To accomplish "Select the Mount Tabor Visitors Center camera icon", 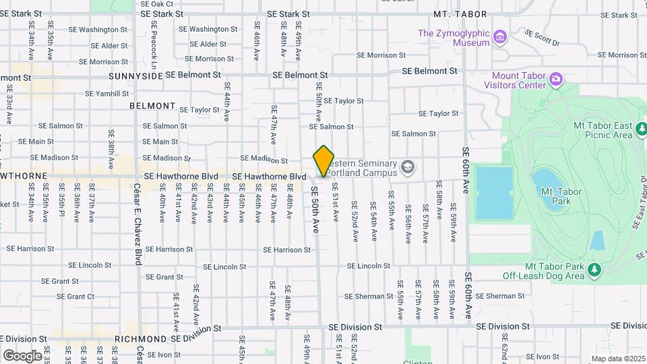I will (x=556, y=80).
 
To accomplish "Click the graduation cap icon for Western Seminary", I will (x=407, y=166).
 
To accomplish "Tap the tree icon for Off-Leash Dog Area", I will (x=594, y=270).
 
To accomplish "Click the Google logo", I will (x=22, y=355).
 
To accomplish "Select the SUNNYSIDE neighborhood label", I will (x=135, y=76).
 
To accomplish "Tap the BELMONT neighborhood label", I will (x=152, y=107).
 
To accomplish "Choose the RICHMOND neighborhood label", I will (x=140, y=339).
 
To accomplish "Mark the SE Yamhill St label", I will (x=106, y=94).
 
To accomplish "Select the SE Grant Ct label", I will (x=71, y=297).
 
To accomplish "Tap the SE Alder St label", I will (x=109, y=46).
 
